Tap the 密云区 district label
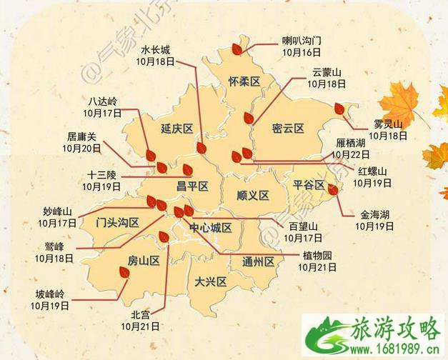289,129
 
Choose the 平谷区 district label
309,185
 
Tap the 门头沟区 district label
117,222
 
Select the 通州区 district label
259,261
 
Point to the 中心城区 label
211,228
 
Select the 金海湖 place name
375,214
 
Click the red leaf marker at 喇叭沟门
236,49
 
